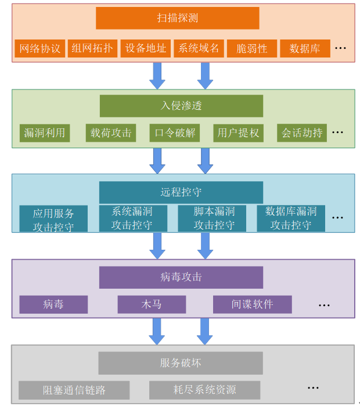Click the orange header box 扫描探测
(177, 18)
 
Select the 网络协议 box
(39, 49)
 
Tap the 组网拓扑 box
(92, 48)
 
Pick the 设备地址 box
(145, 48)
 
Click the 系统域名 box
(199, 48)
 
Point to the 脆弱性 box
(251, 49)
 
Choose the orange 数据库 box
(304, 49)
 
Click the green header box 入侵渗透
(181, 106)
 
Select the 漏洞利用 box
(45, 133)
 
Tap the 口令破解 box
(175, 133)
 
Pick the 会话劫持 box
(302, 133)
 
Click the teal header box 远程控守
(181, 192)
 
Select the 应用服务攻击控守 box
(53, 219)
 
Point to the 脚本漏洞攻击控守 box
(214, 218)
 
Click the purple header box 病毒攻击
(181, 277)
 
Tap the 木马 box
(152, 304)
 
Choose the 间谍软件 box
(252, 304)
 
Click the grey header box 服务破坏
(181, 363)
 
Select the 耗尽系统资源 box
(204, 390)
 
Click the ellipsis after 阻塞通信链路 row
(313, 388)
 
